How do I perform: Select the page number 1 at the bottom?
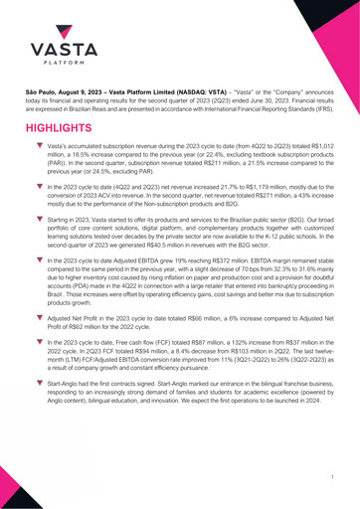[x=330, y=478]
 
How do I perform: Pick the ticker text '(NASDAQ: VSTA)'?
[x=186, y=90]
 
